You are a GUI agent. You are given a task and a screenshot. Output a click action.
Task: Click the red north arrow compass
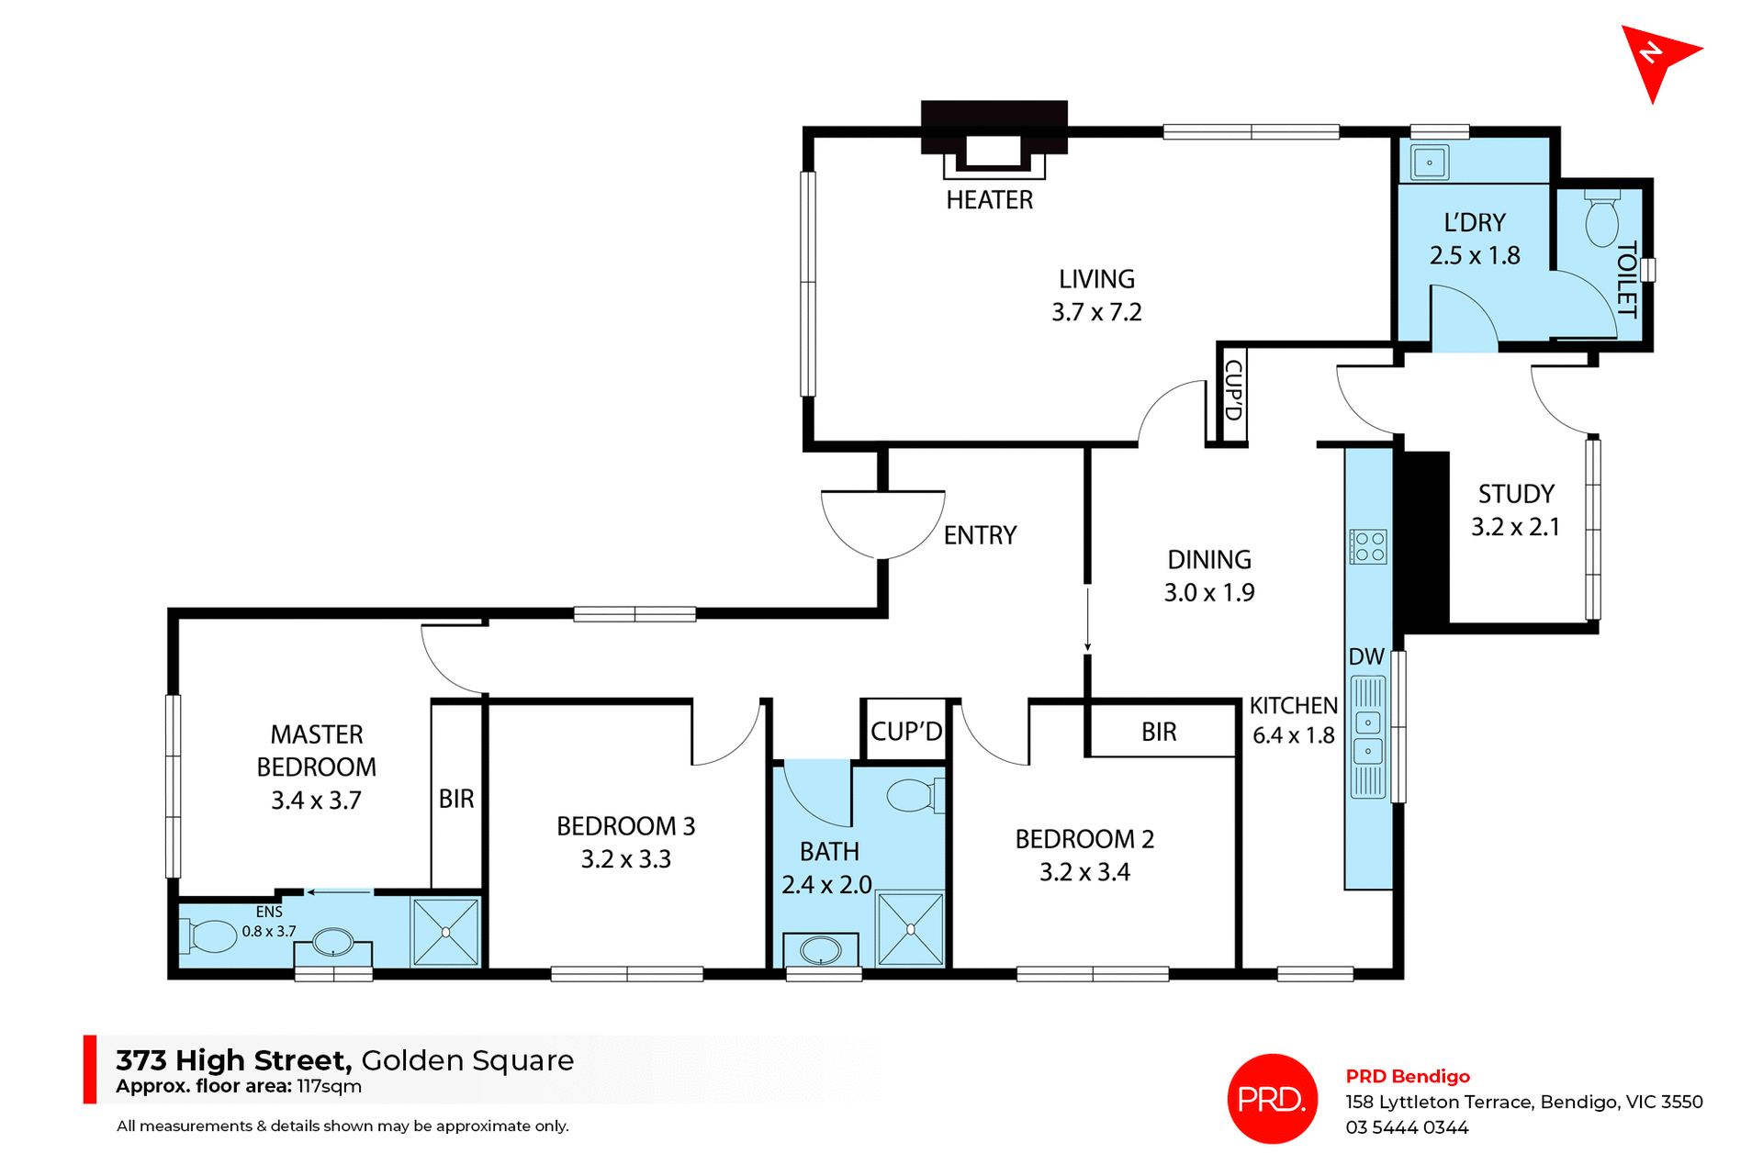(x=1657, y=58)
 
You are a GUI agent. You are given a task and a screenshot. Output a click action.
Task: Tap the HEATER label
(x=989, y=200)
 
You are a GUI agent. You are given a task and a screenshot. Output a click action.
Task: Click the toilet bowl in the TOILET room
(x=1601, y=220)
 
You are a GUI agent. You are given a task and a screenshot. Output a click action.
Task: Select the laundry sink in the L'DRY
(x=1429, y=163)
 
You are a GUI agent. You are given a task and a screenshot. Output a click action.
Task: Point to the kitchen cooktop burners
(x=1368, y=546)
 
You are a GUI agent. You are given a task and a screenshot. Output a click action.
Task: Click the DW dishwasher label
(x=1366, y=657)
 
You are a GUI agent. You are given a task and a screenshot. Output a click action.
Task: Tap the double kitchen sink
(x=1368, y=737)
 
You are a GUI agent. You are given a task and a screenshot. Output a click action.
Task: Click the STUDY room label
(x=1516, y=494)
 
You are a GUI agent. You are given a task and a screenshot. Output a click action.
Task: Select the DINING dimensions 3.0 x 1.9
(x=1209, y=593)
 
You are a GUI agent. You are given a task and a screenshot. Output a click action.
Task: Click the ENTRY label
(x=980, y=535)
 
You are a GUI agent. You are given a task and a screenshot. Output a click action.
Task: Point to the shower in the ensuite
(x=445, y=932)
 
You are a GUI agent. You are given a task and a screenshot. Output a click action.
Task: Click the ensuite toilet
(x=212, y=936)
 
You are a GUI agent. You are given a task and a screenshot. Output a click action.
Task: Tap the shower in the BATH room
(x=910, y=929)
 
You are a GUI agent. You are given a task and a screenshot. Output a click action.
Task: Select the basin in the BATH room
(x=821, y=951)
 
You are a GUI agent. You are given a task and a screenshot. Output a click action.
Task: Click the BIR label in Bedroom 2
(x=1159, y=732)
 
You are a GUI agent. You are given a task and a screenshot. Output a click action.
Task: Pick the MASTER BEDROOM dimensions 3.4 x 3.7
(x=316, y=801)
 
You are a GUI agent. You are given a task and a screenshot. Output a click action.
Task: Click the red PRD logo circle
(x=1272, y=1098)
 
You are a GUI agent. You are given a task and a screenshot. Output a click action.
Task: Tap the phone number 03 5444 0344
(x=1407, y=1127)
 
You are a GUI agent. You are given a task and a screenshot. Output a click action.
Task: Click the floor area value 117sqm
(x=329, y=1087)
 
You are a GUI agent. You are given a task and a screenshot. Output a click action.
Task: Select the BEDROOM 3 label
(x=625, y=826)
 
